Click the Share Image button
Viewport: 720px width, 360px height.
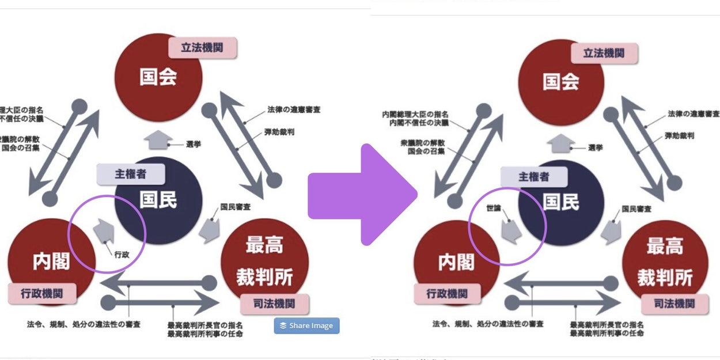tap(306, 325)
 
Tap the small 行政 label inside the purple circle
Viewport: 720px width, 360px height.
tap(121, 254)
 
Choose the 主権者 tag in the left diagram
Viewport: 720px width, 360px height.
tap(130, 175)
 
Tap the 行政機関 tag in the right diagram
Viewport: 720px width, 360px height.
tap(447, 294)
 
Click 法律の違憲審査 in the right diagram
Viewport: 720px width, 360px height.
tap(693, 114)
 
